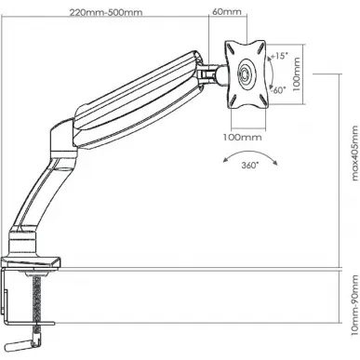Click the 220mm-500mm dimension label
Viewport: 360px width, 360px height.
coord(106,12)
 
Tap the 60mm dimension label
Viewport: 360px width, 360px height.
coord(227,12)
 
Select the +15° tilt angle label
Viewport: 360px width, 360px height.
coord(279,56)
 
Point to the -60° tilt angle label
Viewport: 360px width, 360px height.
coord(278,90)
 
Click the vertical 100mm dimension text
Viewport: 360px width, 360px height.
coord(297,74)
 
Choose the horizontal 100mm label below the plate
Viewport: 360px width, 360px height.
coord(243,137)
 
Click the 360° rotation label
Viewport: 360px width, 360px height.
coord(250,165)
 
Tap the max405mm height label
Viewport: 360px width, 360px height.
coord(354,153)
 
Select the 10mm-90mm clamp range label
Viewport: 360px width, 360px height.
coord(355,305)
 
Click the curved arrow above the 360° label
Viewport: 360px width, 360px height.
coord(250,152)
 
